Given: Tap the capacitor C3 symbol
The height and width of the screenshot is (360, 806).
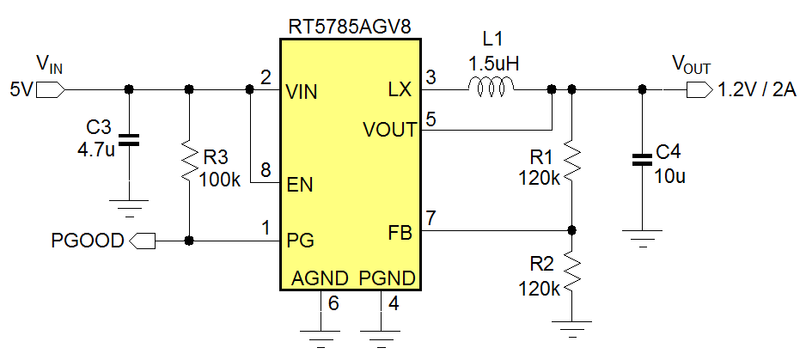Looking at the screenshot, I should click(x=129, y=140).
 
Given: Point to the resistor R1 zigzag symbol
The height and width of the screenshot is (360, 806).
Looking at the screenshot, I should click(x=572, y=161).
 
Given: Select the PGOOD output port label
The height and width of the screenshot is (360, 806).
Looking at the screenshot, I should click(x=88, y=241).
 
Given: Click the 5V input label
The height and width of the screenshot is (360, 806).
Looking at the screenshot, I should click(x=21, y=88).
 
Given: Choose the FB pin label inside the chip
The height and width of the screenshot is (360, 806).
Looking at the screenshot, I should click(x=400, y=233).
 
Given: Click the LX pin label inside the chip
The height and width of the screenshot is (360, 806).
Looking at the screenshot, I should click(x=400, y=89).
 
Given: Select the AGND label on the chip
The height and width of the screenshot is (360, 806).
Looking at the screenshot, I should click(x=320, y=278).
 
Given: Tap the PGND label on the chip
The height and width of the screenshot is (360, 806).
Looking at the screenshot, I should click(x=388, y=278).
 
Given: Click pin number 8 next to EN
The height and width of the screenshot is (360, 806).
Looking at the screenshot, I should click(x=266, y=169).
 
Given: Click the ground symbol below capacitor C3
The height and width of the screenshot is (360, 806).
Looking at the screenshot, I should click(x=129, y=205).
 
